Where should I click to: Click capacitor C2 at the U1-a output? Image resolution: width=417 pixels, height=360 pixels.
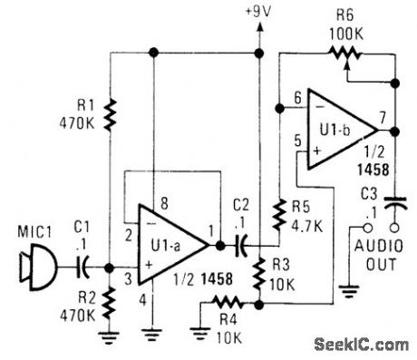coord(241,244)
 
